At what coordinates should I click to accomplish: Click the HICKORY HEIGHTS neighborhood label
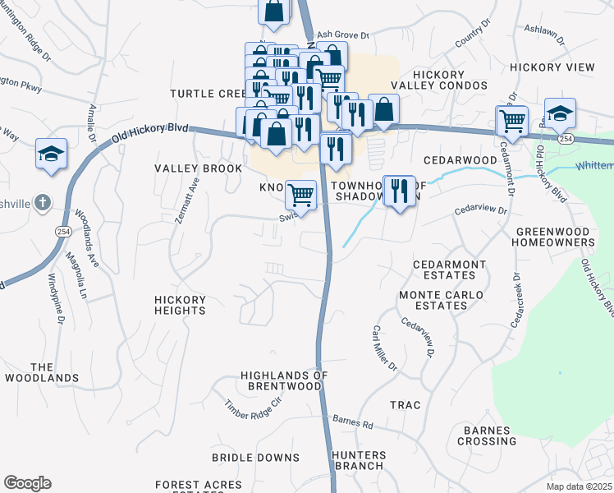click(x=180, y=305)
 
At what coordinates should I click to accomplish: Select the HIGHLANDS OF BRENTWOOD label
click(x=284, y=380)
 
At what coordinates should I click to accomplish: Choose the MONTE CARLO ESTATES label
click(x=433, y=300)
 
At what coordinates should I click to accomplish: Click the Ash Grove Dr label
click(x=344, y=35)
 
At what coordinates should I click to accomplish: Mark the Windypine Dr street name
click(x=57, y=293)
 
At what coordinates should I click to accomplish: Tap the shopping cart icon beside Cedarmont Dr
click(x=512, y=121)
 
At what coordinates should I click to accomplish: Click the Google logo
click(x=27, y=483)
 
